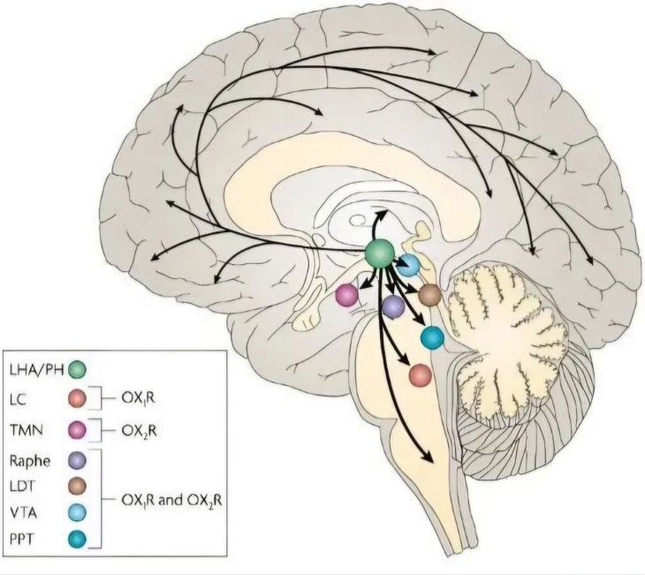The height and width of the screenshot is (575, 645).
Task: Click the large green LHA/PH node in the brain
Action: coord(381,253)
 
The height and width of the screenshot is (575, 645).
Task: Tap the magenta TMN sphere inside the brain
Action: coord(346,296)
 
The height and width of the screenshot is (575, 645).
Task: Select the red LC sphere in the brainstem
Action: coord(421,375)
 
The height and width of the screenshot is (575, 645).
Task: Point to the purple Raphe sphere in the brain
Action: coord(393,306)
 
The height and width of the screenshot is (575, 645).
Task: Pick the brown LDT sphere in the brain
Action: coord(430,294)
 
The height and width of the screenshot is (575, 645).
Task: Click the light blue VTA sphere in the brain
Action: coord(409,266)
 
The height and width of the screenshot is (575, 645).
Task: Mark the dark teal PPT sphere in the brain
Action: coord(432,337)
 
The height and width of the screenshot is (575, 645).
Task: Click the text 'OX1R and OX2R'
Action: coord(170,498)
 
